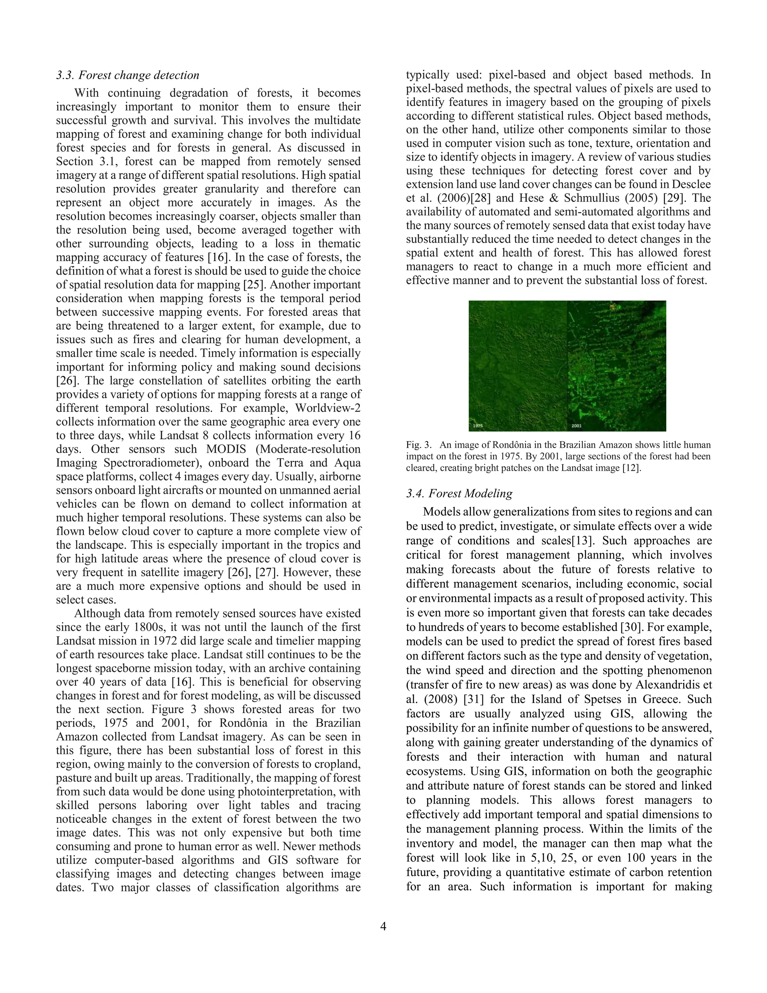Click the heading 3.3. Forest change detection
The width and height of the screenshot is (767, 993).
pos(128,75)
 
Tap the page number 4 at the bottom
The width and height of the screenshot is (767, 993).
pos(383,926)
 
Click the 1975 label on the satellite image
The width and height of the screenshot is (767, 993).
pos(478,426)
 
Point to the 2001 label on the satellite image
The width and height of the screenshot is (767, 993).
pos(577,426)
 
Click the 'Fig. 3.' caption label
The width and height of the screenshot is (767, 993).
pos(418,445)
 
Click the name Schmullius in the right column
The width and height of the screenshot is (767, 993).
pos(597,198)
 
